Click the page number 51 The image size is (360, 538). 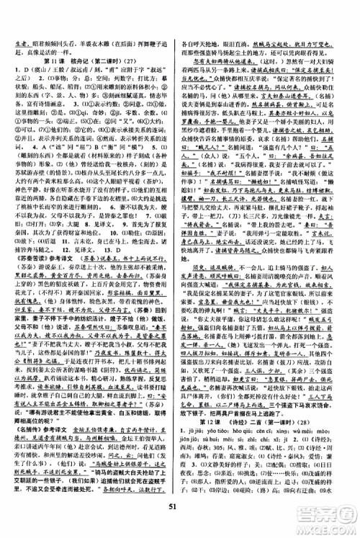pos(179,524)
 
